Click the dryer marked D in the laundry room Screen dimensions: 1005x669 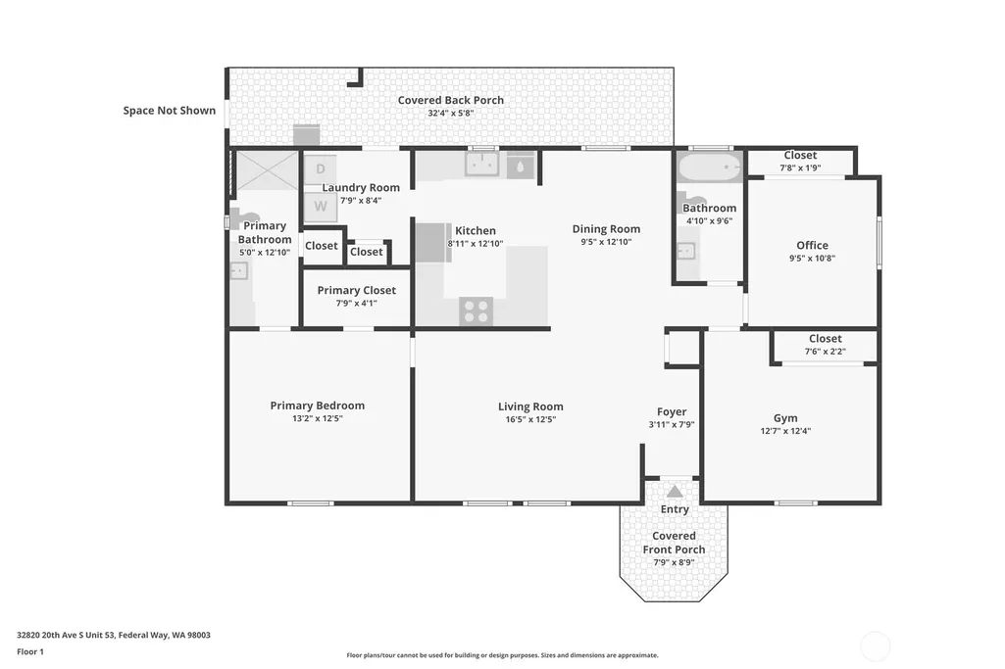pyautogui.click(x=320, y=169)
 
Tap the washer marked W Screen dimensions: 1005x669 pyautogui.click(x=320, y=206)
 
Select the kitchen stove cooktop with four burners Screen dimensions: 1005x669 pyautogui.click(x=476, y=311)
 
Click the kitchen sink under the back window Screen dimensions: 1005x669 pyautogui.click(x=482, y=165)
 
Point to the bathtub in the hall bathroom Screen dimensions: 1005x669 pyautogui.click(x=710, y=167)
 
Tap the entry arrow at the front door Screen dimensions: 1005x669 pyautogui.click(x=675, y=492)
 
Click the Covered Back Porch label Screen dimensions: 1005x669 pyautogui.click(x=451, y=100)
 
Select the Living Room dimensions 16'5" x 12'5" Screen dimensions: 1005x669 pyautogui.click(x=530, y=419)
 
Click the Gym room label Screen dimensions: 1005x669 pyautogui.click(x=785, y=418)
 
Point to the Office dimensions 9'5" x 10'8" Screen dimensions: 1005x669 pyautogui.click(x=812, y=258)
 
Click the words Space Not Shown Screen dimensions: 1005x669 pyautogui.click(x=170, y=110)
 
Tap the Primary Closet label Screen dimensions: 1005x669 pyautogui.click(x=356, y=290)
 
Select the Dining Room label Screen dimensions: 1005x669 pyautogui.click(x=606, y=228)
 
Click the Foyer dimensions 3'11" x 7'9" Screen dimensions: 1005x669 pyautogui.click(x=672, y=424)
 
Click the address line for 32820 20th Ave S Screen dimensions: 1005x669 pyautogui.click(x=114, y=635)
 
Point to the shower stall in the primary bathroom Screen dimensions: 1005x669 pyautogui.click(x=268, y=170)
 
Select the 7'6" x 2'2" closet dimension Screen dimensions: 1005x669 pyautogui.click(x=826, y=351)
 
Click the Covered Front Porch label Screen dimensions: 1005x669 pyautogui.click(x=674, y=543)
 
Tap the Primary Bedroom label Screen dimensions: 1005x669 pyautogui.click(x=318, y=406)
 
